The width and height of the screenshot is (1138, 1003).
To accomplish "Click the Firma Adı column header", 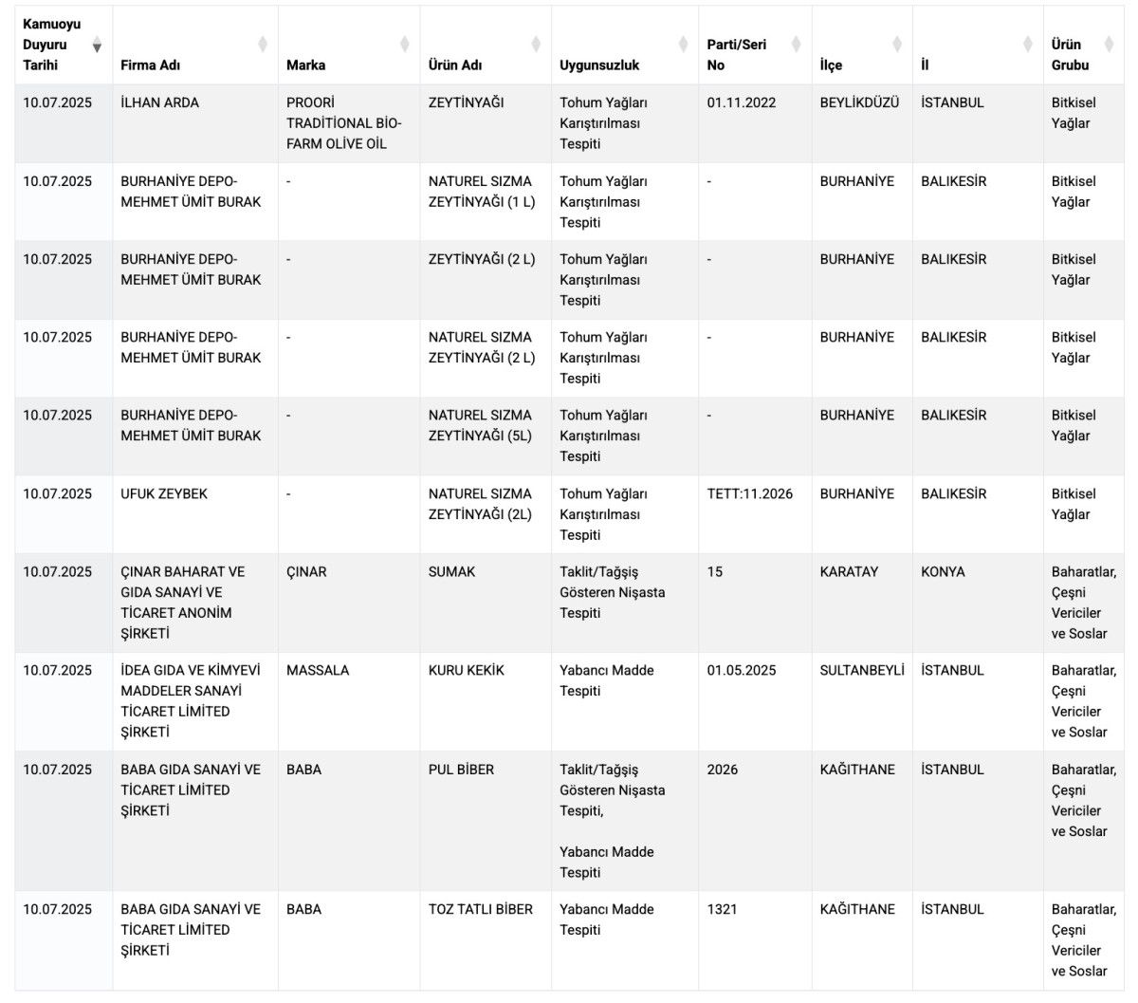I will point(151,65).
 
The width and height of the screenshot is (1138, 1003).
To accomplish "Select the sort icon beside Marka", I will point(405,45).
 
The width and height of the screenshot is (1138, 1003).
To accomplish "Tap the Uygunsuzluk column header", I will point(599,65).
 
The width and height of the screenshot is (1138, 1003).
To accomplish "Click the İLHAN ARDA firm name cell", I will point(160,102).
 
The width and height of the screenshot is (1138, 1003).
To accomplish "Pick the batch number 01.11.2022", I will point(742,102).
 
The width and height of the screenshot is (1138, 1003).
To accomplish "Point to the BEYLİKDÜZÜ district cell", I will point(859,102).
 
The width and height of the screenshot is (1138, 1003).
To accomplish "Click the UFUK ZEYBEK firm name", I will point(164,493).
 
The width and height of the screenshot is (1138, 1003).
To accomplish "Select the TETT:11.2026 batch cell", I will point(750,493).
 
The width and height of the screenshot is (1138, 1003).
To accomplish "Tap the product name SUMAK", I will point(452,571).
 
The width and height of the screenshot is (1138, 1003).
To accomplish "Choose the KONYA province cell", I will point(943,571).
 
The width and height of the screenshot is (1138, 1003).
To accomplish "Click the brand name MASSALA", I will point(318,670).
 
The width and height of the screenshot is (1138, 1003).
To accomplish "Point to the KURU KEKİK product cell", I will point(467,670).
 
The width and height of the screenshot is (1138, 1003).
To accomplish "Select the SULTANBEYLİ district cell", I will point(862,670).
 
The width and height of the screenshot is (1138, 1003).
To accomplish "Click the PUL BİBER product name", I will point(461,770).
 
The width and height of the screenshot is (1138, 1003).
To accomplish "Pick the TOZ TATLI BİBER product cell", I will point(481,909).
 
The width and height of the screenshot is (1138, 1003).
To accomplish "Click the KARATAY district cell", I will point(849,571).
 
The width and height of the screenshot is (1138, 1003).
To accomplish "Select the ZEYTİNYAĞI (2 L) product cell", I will point(482,259).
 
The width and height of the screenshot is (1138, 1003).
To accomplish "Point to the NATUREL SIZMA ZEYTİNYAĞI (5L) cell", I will point(481,425).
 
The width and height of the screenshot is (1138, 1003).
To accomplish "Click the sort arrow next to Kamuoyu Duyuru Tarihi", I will point(97,46).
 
